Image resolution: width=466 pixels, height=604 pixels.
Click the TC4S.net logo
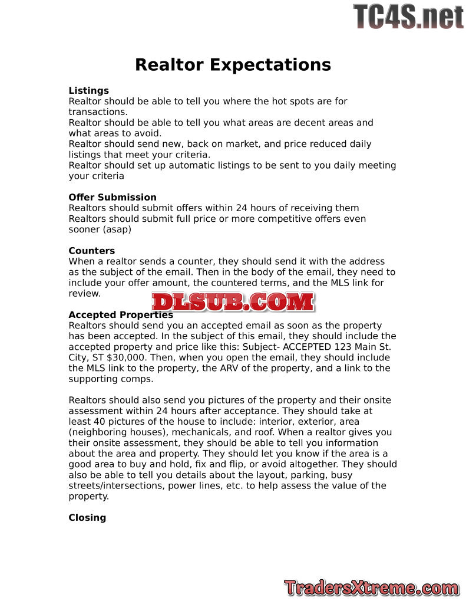(x=408, y=17)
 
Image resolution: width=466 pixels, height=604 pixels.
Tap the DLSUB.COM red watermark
(x=233, y=302)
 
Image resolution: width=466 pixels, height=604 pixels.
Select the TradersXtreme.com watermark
(x=371, y=587)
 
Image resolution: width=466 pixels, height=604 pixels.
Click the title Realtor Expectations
(x=233, y=64)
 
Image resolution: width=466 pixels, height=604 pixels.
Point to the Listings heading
(x=88, y=91)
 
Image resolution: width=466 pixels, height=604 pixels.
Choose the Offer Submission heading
(x=113, y=198)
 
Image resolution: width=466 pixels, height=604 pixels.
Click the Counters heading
(x=91, y=251)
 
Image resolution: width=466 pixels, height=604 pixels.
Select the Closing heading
(x=87, y=518)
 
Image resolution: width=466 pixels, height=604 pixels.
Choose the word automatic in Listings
(x=191, y=166)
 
